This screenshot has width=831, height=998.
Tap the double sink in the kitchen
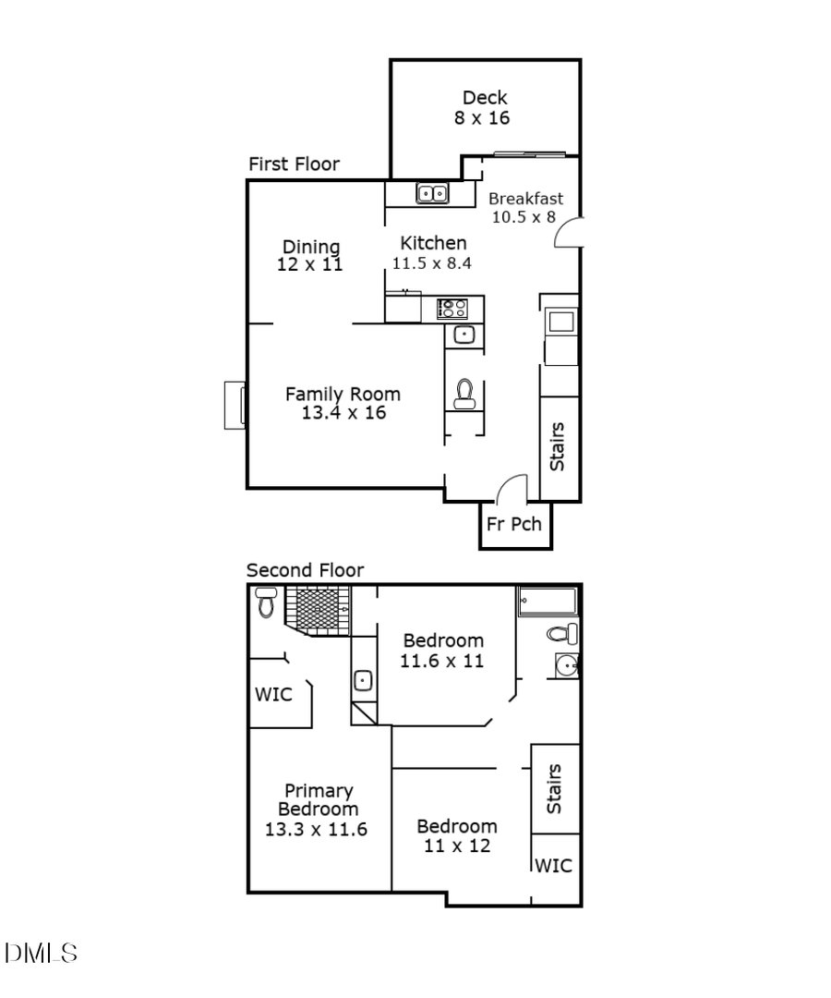(x=431, y=193)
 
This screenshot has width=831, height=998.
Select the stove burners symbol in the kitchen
(x=452, y=309)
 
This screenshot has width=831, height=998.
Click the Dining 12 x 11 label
(x=311, y=255)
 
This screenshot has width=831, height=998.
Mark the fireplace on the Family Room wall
(x=235, y=405)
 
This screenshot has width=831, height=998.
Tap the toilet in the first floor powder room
(x=464, y=394)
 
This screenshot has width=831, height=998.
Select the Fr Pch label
(x=514, y=524)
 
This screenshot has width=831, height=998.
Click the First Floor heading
(x=294, y=164)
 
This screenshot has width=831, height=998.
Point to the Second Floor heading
(x=305, y=570)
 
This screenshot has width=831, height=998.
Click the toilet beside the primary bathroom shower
(x=267, y=602)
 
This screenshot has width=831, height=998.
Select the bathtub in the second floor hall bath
(x=548, y=602)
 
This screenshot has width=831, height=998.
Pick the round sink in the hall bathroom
(x=566, y=665)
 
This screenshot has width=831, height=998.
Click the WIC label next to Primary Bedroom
(x=273, y=694)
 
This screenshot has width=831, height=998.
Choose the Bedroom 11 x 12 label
(x=456, y=835)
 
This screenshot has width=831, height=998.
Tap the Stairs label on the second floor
(x=554, y=788)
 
